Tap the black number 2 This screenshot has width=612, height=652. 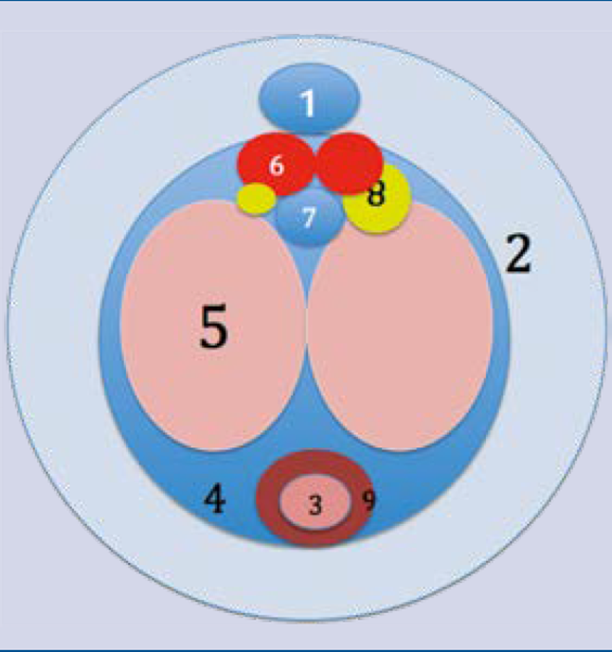tap(519, 254)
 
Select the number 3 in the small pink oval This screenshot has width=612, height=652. tap(316, 506)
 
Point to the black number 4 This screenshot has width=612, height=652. tap(216, 499)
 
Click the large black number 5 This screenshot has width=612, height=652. tap(214, 328)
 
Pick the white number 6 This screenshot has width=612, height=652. tap(277, 165)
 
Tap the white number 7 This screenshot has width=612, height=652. tap(308, 217)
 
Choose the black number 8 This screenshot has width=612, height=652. tap(376, 195)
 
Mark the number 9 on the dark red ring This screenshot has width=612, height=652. tap(368, 499)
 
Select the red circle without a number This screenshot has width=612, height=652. tap(350, 163)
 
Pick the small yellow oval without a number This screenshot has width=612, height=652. tap(255, 199)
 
